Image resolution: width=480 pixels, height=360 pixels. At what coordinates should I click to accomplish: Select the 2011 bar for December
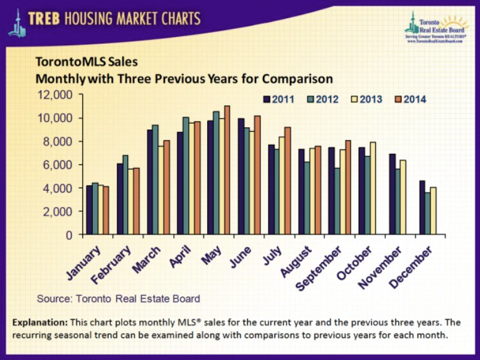(422, 208)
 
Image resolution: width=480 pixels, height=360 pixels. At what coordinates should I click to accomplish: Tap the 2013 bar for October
(373, 188)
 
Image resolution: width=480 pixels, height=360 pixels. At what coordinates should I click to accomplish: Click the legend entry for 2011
(276, 99)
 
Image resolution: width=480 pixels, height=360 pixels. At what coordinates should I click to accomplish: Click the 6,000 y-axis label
(60, 165)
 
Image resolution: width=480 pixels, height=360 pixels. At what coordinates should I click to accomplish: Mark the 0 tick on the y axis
(68, 235)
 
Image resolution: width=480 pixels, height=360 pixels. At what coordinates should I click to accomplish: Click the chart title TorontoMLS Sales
(90, 63)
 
